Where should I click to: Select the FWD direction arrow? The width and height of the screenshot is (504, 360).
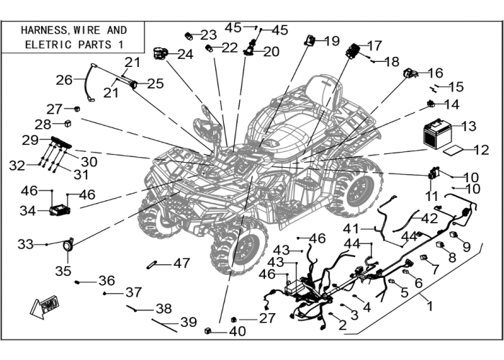point(45,307)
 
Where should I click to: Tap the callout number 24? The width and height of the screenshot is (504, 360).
point(185,54)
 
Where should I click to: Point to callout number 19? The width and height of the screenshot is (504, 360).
point(332,41)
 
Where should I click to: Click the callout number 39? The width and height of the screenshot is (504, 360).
point(189,322)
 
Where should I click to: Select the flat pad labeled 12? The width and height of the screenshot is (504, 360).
point(454,150)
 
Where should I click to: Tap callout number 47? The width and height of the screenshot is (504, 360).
point(181,264)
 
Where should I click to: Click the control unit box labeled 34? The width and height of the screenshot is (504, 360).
point(60,210)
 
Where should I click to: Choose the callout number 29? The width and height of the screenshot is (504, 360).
point(30,140)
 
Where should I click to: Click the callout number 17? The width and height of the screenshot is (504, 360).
point(374,45)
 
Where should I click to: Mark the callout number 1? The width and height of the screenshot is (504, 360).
point(429,306)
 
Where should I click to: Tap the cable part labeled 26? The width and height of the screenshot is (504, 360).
point(89,82)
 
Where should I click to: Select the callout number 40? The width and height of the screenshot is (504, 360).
point(238,331)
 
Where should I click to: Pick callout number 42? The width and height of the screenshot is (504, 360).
point(429,219)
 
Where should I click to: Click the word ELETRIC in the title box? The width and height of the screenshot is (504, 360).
point(48,45)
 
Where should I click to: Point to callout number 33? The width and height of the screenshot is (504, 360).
point(25,244)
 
